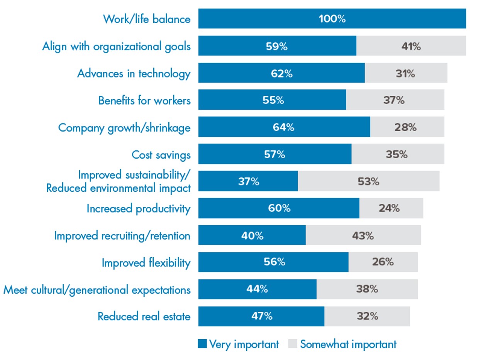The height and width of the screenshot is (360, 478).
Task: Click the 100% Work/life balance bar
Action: (332, 19)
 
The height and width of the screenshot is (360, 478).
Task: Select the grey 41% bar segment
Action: (411, 46)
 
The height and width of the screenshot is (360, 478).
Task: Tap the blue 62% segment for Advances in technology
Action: (281, 73)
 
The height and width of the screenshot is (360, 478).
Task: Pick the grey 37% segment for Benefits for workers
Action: (395, 100)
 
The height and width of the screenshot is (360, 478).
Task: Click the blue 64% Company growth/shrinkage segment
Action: (284, 127)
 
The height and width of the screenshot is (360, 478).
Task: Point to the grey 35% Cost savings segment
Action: (398, 154)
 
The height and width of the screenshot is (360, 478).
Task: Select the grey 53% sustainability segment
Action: (368, 181)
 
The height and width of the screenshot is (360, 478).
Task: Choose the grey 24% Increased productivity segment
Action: (391, 208)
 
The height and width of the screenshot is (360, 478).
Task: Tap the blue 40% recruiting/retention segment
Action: (252, 235)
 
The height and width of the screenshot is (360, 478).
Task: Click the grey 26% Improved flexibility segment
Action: (383, 262)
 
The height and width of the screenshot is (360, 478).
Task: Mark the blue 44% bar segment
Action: (257, 289)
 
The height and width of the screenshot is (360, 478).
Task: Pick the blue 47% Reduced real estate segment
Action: (261, 316)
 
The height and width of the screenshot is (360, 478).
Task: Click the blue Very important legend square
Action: (202, 344)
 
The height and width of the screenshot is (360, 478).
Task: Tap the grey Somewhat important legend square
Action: (293, 344)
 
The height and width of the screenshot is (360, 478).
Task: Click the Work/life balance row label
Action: (147, 19)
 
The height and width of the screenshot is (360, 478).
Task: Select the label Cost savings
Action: (161, 155)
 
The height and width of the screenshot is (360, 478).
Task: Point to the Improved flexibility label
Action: (146, 263)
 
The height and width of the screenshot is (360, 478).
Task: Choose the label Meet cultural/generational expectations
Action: (97, 290)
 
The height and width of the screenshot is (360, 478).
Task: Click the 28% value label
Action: (405, 127)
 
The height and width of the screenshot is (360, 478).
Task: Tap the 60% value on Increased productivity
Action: (279, 208)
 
